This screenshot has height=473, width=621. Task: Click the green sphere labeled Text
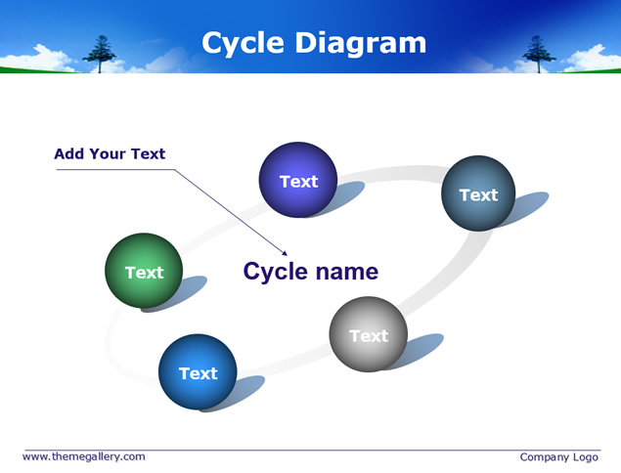pyautogui.click(x=144, y=271)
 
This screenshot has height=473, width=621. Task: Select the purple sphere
pyautogui.click(x=298, y=180)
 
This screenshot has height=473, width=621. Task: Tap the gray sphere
pyautogui.click(x=369, y=334)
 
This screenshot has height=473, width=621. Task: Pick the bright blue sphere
pyautogui.click(x=198, y=371)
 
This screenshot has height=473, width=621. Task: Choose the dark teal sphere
pyautogui.click(x=478, y=193)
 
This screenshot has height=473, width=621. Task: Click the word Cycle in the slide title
pyautogui.click(x=243, y=43)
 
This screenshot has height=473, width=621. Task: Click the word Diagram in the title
pyautogui.click(x=361, y=43)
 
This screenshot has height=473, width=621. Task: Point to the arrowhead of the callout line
pyautogui.click(x=285, y=253)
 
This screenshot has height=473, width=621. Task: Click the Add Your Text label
pyautogui.click(x=110, y=153)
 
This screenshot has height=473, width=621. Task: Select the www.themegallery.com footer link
pyautogui.click(x=84, y=456)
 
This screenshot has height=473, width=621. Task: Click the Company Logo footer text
pyautogui.click(x=558, y=457)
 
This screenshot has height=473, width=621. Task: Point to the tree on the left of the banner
pyautogui.click(x=100, y=54)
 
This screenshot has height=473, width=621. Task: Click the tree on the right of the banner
pyautogui.click(x=539, y=54)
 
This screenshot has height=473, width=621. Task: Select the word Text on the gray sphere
pyautogui.click(x=369, y=336)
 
